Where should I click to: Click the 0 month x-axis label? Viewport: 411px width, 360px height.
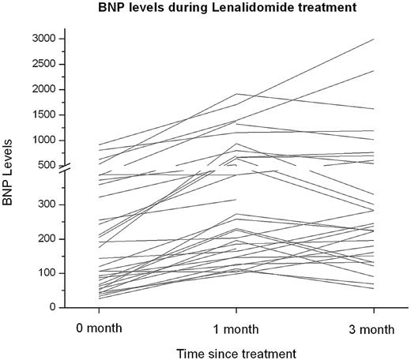(x=99, y=327)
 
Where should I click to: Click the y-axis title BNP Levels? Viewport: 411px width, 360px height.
(x=11, y=178)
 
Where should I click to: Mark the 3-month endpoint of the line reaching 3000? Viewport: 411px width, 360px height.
(x=374, y=39)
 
